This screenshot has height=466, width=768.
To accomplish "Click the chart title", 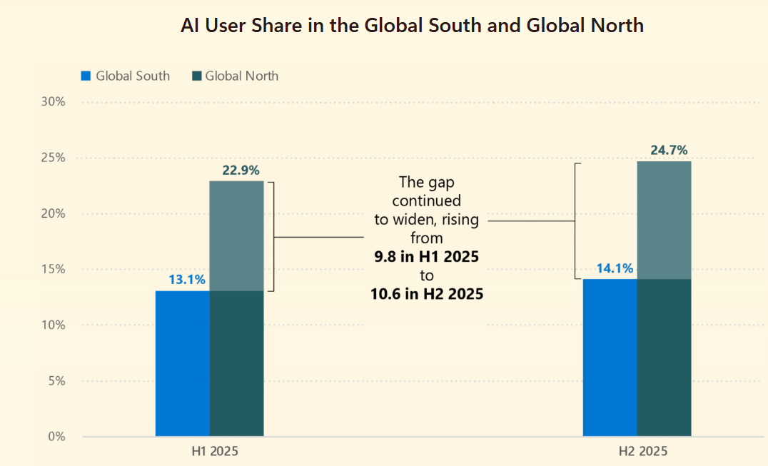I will (412, 26).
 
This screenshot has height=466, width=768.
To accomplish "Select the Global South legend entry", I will (126, 76).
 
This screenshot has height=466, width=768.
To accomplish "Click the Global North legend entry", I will (235, 76).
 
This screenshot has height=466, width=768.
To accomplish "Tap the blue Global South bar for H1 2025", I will (182, 363).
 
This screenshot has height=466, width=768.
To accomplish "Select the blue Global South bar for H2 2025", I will (610, 358).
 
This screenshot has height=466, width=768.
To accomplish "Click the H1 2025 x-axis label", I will (215, 452).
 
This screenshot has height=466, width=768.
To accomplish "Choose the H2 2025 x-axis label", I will (642, 452).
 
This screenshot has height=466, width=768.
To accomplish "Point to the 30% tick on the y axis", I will (52, 102).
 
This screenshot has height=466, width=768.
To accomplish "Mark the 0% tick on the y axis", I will (56, 436).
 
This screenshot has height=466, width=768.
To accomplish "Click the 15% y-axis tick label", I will (52, 269).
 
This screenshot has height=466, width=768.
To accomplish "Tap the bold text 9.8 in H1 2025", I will (427, 256).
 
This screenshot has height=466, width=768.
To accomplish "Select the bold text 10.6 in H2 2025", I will (427, 293).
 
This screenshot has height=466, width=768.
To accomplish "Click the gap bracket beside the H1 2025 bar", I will (273, 236).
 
